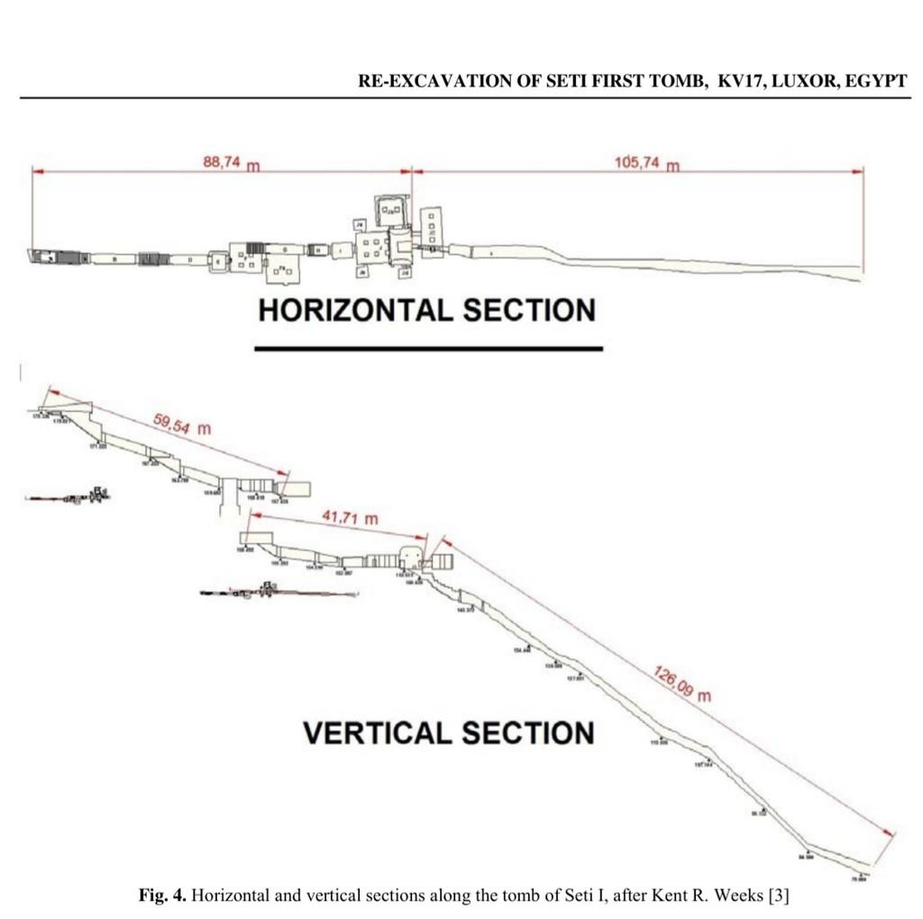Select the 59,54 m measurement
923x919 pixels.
pyautogui.click(x=182, y=423)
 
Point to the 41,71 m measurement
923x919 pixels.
pyautogui.click(x=351, y=518)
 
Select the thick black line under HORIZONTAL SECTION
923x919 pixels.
pyautogui.click(x=428, y=347)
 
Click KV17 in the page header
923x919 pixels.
pyautogui.click(x=739, y=80)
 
